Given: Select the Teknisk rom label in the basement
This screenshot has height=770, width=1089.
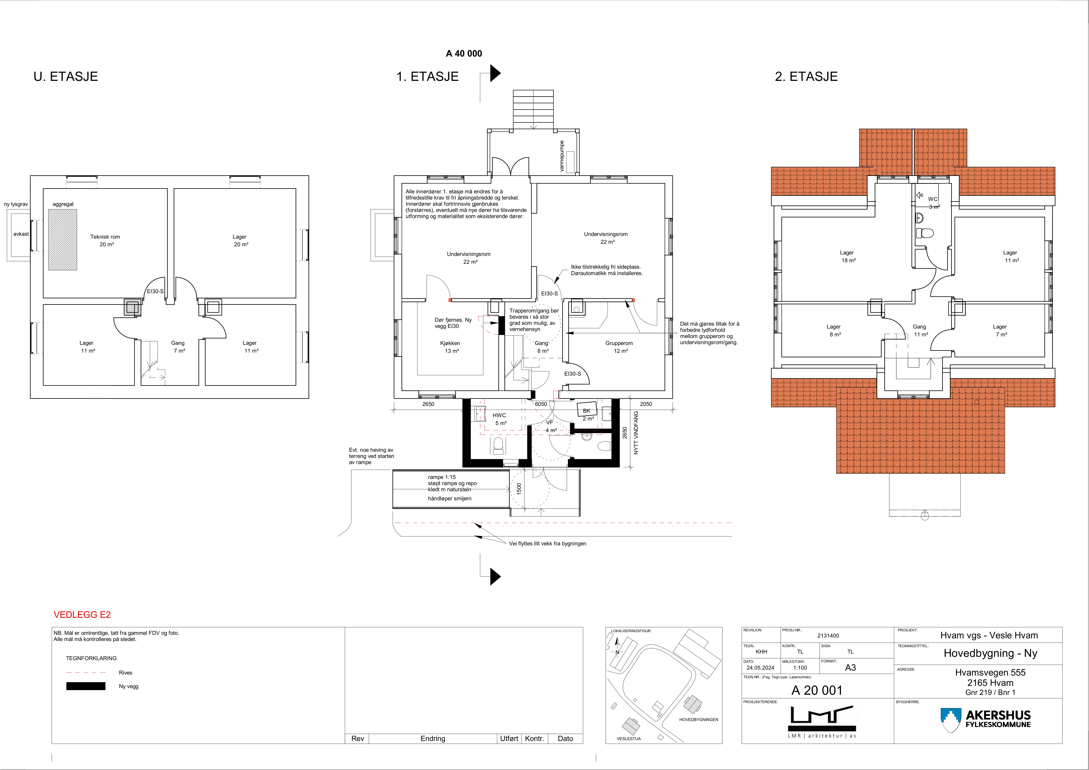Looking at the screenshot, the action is click(x=105, y=237).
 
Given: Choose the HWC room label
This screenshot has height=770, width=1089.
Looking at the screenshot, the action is click(x=499, y=415).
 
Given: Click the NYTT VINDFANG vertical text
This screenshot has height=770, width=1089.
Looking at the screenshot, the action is click(x=636, y=433).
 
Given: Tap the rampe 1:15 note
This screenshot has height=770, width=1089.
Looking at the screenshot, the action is click(x=442, y=477).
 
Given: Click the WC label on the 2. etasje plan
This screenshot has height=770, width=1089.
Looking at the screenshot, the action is click(x=933, y=199).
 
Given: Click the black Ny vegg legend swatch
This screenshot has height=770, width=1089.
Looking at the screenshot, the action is click(x=86, y=686).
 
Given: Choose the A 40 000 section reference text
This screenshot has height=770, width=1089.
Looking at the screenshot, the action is click(x=464, y=54).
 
